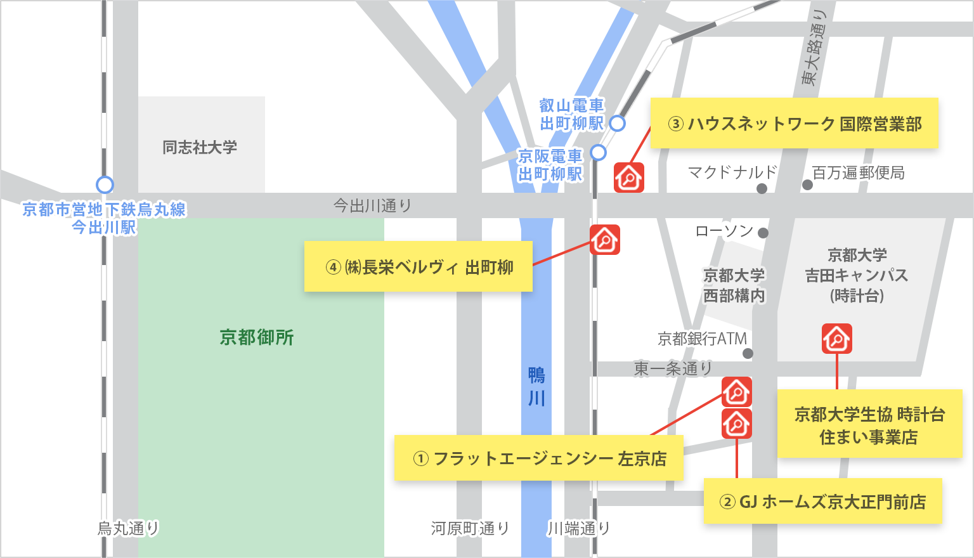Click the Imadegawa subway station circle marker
coord(105,185)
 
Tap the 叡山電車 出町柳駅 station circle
coord(617,123)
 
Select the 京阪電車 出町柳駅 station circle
coord(599,152)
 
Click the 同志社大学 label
coord(200,148)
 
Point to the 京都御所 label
coord(257,337)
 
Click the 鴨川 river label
coord(536,387)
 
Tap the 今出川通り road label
coord(372,205)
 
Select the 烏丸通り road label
coord(127,528)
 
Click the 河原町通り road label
coord(470,528)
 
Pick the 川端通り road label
coord(578,528)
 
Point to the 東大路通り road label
coord(814,48)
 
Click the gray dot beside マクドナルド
coord(762,188)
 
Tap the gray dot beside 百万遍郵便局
coord(807,185)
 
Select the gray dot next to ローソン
coord(763,233)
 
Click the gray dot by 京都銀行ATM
coord(748,353)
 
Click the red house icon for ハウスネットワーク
coord(629,177)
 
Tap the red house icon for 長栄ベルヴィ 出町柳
coord(605,240)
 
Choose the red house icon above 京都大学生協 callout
coord(837,339)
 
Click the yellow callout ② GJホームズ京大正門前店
coord(822,502)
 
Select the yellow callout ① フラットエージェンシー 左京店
coord(538,458)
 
